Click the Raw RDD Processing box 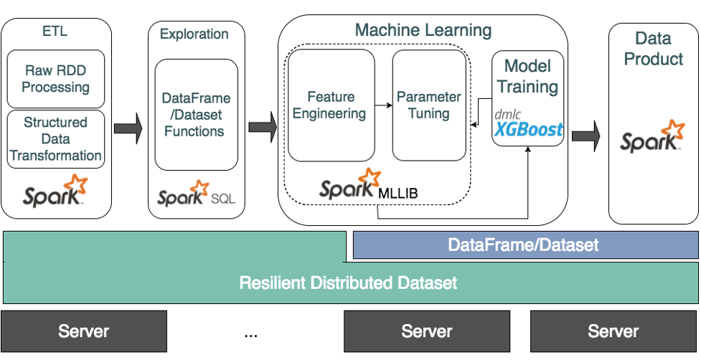(56, 79)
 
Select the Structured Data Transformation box (56, 138)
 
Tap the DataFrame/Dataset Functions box (196, 115)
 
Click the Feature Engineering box (331, 105)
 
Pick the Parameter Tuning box (428, 105)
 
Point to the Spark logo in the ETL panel (56, 190)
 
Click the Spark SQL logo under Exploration (195, 195)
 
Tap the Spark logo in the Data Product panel (652, 136)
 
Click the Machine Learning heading (423, 30)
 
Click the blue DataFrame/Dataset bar (523, 245)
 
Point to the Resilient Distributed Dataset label (348, 282)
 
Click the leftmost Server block (84, 331)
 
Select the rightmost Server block (613, 331)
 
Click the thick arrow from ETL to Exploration (129, 128)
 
